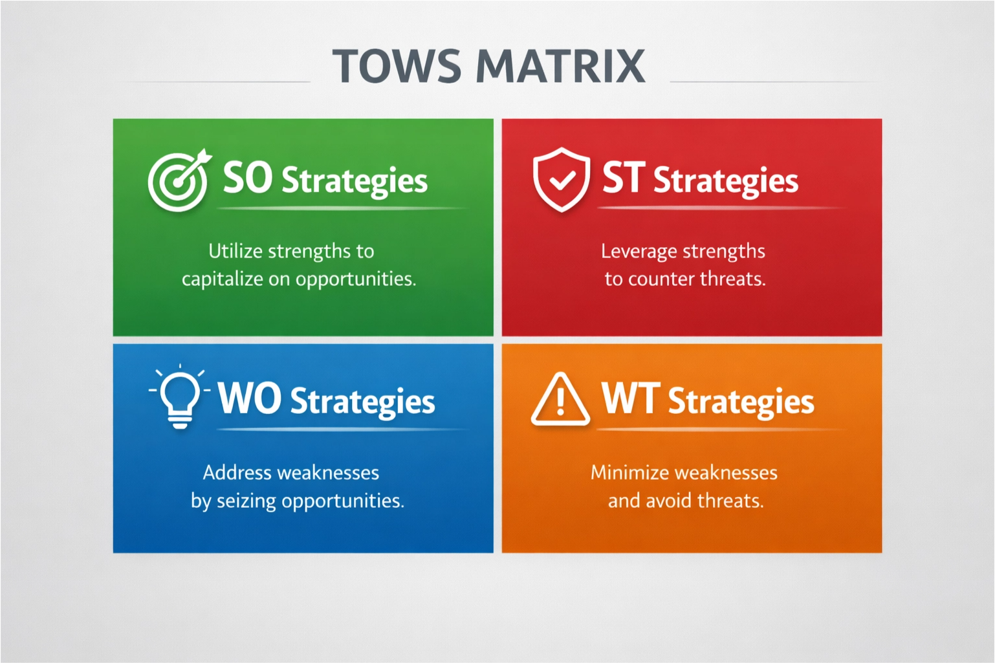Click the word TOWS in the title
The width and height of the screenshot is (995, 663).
pyautogui.click(x=397, y=66)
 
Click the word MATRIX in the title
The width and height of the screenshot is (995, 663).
pyautogui.click(x=561, y=66)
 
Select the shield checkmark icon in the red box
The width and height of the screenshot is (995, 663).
pyautogui.click(x=561, y=180)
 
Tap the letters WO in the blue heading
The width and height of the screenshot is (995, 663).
pyautogui.click(x=249, y=399)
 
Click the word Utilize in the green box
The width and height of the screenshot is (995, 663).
pyautogui.click(x=235, y=251)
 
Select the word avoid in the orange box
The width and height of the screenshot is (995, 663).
pyautogui.click(x=668, y=501)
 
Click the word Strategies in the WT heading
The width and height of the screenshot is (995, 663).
pyautogui.click(x=741, y=402)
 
